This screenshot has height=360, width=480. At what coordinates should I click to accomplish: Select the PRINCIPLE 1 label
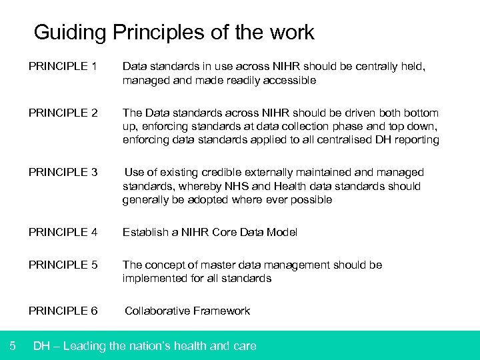point(63,67)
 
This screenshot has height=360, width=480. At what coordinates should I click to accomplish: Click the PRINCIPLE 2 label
point(63,113)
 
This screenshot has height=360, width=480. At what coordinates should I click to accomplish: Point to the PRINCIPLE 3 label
point(63,173)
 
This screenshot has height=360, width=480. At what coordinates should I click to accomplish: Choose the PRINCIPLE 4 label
point(63,232)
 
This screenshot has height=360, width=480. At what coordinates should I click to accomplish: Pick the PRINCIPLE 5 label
point(63,265)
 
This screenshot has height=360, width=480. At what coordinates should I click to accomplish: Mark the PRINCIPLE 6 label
point(63,311)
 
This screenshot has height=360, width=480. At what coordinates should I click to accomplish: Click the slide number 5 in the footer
point(13,345)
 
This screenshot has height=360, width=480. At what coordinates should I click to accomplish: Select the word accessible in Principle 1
point(287,81)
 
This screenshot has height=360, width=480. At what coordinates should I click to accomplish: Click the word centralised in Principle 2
point(323,140)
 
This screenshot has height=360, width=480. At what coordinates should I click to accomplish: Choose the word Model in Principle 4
point(281,232)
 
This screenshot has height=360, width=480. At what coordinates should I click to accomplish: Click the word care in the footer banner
point(243,345)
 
